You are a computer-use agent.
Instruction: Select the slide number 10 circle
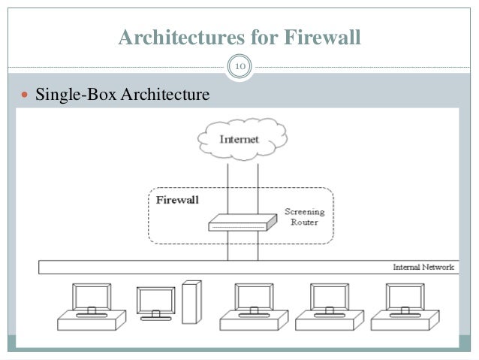[240, 69]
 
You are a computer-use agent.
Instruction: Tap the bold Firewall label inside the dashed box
[177, 201]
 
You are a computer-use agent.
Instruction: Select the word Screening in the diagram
[304, 211]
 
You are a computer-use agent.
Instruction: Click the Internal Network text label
[423, 268]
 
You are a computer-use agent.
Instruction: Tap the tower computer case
[192, 301]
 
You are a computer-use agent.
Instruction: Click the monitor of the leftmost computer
[92, 296]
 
